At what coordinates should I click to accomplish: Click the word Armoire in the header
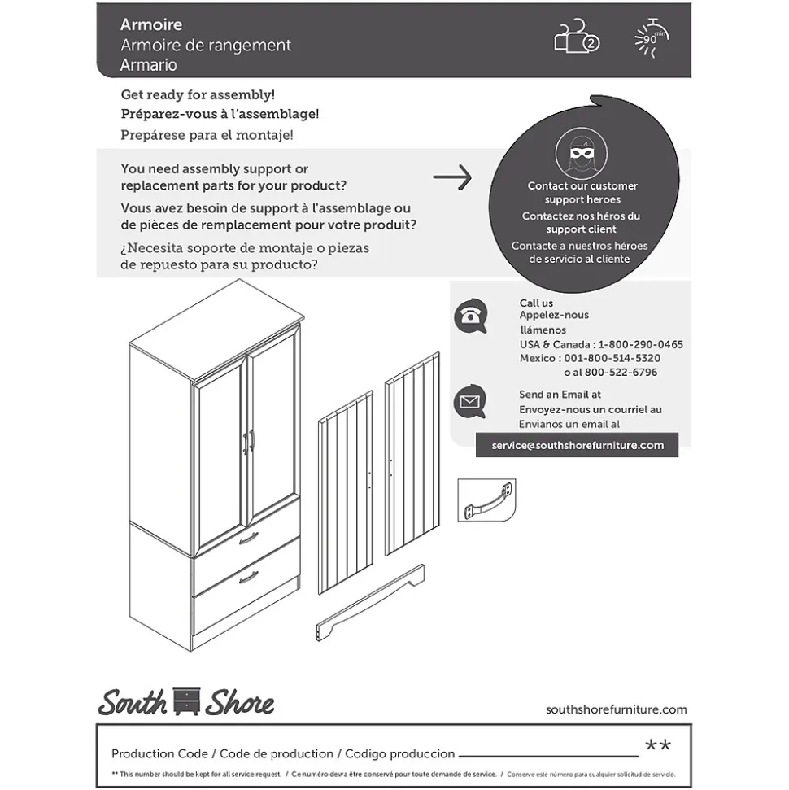[151, 24]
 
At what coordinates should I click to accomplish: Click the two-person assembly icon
[576, 37]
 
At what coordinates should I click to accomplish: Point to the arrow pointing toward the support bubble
[452, 177]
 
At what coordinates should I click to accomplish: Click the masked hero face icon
[581, 154]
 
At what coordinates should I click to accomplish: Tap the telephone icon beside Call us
[470, 316]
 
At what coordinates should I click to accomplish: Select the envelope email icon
[470, 401]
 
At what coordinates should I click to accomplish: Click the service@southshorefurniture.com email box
[578, 445]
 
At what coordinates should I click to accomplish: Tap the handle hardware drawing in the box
[486, 500]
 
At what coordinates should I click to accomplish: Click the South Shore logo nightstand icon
[186, 701]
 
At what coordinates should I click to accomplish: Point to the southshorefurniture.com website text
[616, 709]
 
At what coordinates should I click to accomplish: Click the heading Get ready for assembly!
[198, 94]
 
